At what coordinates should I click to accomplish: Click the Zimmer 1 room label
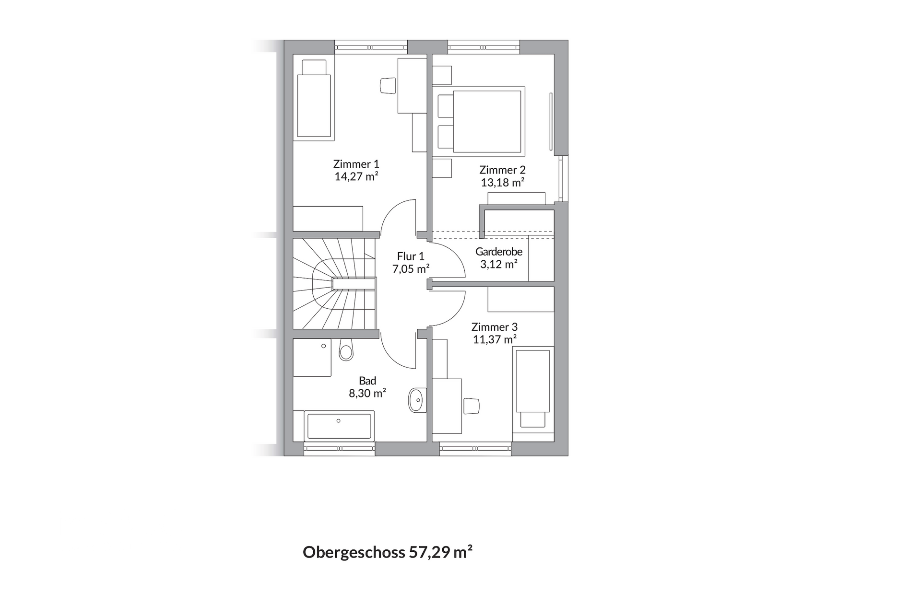click(356, 164)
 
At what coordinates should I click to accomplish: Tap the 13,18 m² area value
click(502, 183)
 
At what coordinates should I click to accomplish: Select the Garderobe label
click(499, 251)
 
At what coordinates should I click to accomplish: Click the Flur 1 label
click(411, 256)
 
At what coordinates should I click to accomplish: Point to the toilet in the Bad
click(345, 351)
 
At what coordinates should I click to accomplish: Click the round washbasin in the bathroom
click(416, 399)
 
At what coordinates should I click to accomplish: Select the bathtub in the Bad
click(339, 426)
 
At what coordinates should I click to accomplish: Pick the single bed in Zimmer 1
click(314, 101)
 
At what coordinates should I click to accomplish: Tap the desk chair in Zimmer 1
click(388, 86)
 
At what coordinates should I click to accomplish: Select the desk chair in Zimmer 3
click(472, 406)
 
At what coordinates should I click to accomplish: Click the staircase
click(335, 284)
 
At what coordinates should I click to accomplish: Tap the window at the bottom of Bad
click(339, 449)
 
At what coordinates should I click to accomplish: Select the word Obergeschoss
click(354, 552)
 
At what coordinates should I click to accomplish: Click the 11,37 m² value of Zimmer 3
click(494, 339)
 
